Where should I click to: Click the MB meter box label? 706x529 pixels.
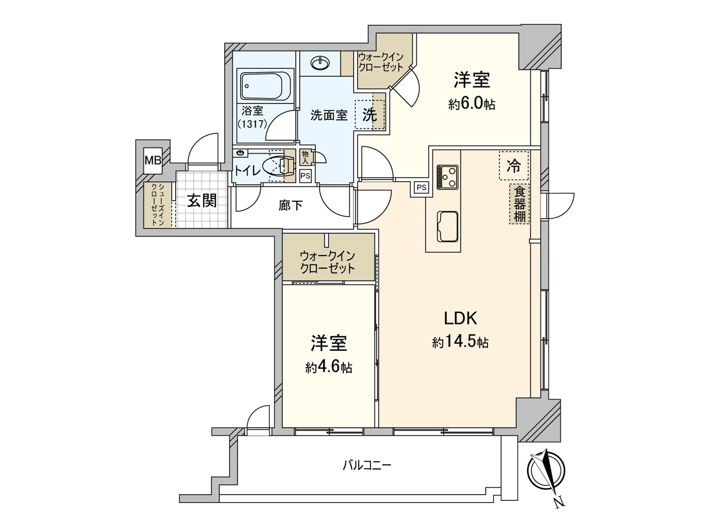[x=153, y=160]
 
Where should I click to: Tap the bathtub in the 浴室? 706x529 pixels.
[x=261, y=86]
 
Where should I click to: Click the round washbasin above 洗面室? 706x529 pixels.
[x=319, y=64]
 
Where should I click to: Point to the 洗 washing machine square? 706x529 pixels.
[x=370, y=115]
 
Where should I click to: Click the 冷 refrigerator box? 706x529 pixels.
[x=514, y=166]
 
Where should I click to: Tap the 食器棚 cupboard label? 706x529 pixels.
[x=520, y=204]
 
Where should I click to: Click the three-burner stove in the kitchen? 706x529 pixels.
[x=447, y=177]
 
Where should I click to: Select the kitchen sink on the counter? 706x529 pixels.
[x=447, y=226]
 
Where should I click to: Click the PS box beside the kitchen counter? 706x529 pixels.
[x=421, y=187]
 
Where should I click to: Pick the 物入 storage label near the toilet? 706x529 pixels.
[x=305, y=157]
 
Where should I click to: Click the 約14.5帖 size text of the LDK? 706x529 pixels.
[x=460, y=342]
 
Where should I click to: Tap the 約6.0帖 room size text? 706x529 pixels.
[x=472, y=104]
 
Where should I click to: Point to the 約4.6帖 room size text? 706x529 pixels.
[x=329, y=367]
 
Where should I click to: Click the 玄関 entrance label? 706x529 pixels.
[x=202, y=201]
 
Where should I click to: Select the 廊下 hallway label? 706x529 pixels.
[x=291, y=205]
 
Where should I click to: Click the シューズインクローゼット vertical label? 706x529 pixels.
[x=157, y=205]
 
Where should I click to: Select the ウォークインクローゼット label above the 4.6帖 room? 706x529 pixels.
[x=327, y=262]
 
